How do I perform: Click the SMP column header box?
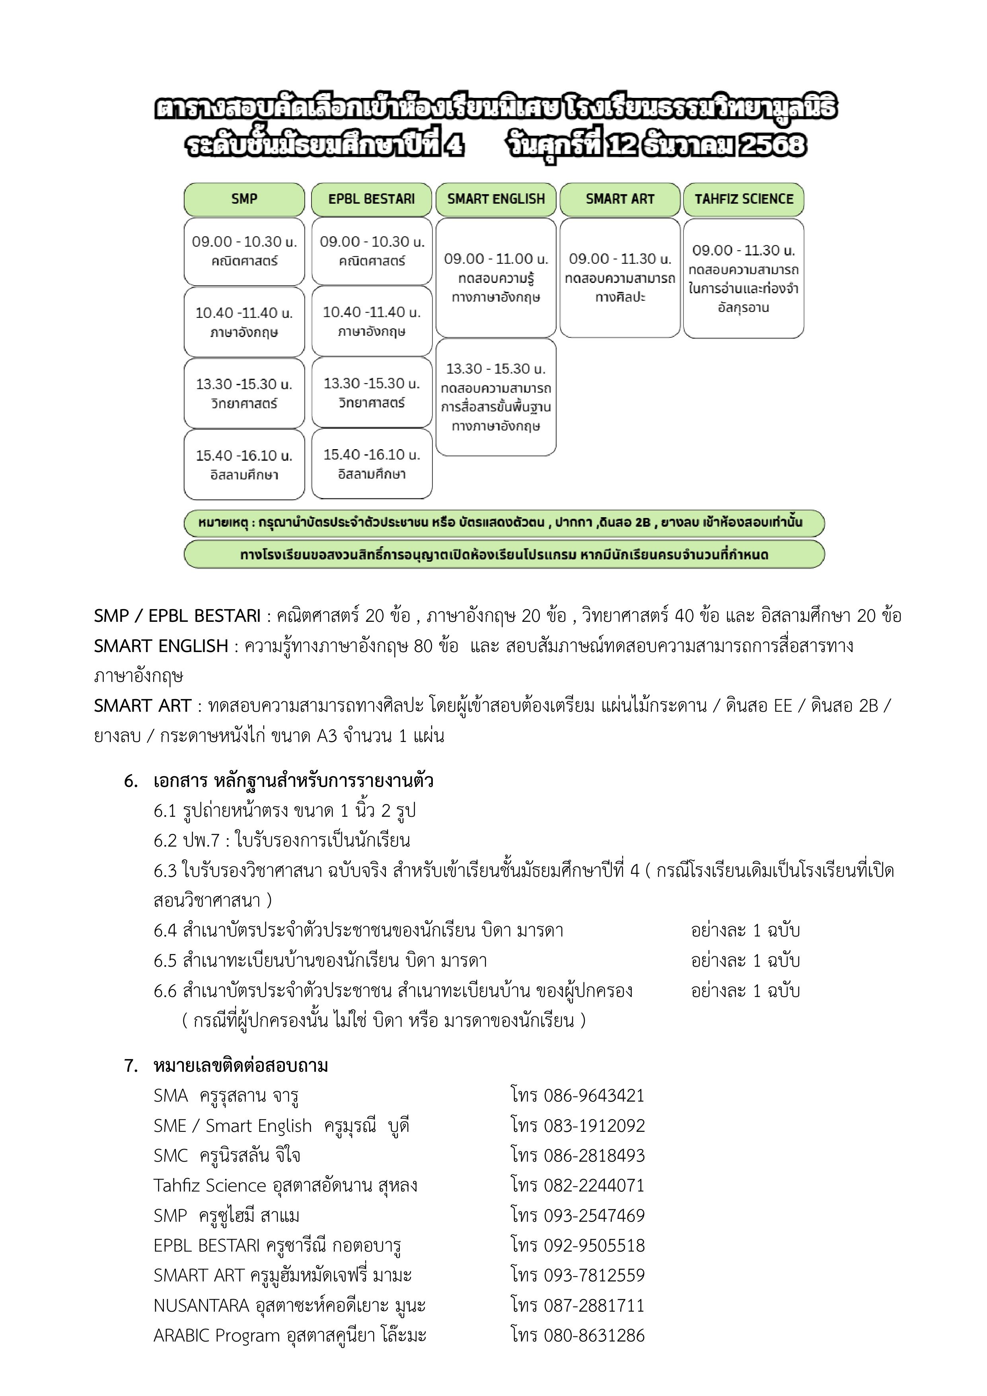pos(244,199)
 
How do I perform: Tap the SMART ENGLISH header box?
pos(496,199)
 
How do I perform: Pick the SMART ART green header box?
pos(620,199)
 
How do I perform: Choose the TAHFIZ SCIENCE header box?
pos(743,199)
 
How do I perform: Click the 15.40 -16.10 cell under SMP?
pos(244,465)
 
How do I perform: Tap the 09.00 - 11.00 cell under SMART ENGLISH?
pos(496,278)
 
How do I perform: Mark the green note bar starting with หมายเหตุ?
pos(504,523)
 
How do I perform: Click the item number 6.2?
pos(164,840)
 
